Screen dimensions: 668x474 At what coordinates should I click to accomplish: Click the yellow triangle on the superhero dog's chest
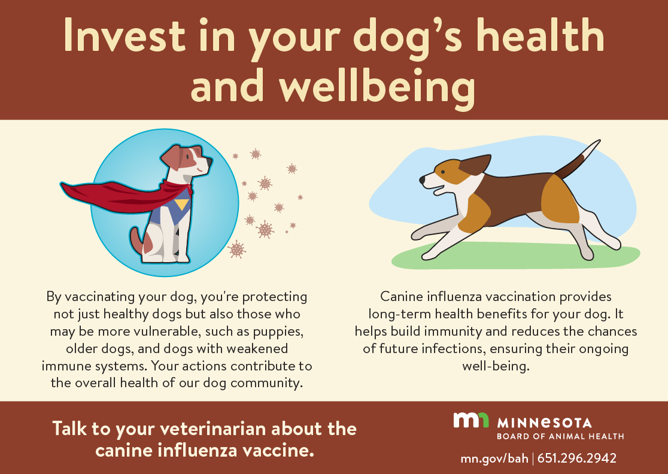coord(181,205)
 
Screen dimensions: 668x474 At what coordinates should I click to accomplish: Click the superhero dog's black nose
coord(209,162)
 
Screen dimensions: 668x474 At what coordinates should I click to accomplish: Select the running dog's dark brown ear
coord(475,165)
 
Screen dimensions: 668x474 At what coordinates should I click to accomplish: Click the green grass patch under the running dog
coord(515,256)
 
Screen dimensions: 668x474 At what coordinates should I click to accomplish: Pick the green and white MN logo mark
coord(470,420)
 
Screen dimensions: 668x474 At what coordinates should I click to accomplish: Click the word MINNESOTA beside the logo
coord(545,423)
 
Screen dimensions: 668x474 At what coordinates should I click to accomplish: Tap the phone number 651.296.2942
coord(577,458)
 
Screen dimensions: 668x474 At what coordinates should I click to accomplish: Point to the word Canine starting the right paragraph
coord(401,296)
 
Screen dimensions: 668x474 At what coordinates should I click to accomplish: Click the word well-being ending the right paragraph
coord(496,366)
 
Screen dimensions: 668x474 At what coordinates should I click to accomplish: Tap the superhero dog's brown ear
coord(171,157)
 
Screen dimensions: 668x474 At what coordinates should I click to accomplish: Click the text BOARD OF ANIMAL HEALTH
coord(560,436)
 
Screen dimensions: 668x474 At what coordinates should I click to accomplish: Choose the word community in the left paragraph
coord(266,383)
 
